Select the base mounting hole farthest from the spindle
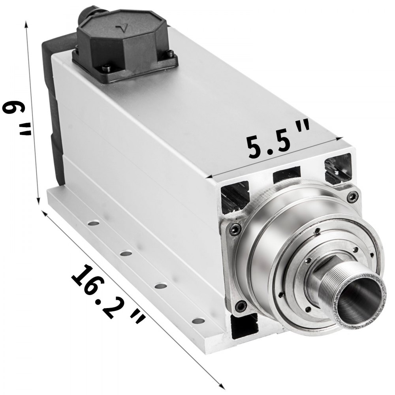click(94, 223)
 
